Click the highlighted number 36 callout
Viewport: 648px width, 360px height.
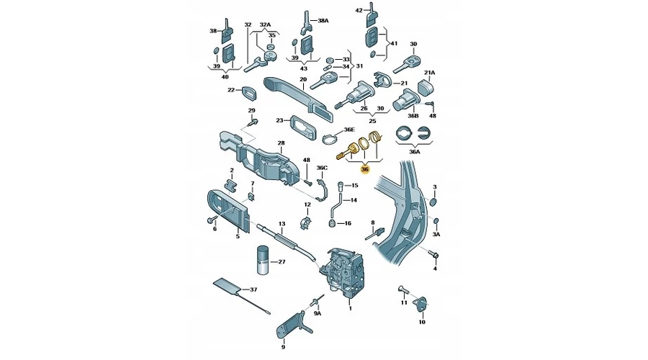[364, 169]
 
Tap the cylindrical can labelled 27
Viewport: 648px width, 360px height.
[262, 261]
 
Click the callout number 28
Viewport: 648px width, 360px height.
[281, 143]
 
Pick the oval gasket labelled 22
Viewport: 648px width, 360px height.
[248, 93]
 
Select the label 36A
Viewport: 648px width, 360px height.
[415, 152]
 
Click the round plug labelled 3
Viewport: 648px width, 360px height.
[433, 202]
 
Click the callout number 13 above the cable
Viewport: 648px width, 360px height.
[282, 224]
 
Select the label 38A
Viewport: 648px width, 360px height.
[323, 20]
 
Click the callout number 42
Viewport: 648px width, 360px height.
[359, 10]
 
